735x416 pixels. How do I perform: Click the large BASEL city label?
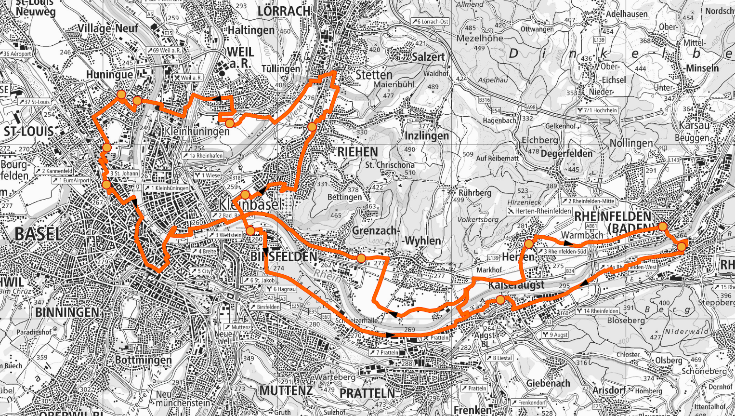[39, 234]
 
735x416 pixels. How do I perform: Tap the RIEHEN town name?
[357, 152]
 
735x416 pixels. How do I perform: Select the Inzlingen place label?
[427, 136]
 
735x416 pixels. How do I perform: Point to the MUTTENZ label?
[286, 390]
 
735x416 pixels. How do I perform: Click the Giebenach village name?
[548, 383]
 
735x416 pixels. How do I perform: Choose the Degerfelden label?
[566, 154]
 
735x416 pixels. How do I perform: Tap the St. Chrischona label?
[390, 165]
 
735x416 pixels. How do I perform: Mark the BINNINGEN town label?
[67, 312]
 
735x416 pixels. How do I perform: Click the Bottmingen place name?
[144, 360]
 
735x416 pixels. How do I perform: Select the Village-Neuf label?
[108, 28]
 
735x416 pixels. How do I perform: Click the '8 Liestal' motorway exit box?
[499, 358]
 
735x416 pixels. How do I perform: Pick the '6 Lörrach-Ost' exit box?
[430, 22]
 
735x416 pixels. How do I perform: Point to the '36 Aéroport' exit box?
[16, 54]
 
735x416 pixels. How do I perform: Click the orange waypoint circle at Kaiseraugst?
[500, 300]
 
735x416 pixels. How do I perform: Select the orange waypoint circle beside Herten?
[529, 244]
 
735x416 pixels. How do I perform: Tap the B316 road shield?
[484, 100]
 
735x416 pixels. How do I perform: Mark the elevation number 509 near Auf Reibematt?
[468, 155]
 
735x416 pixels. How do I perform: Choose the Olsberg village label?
[669, 361]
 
